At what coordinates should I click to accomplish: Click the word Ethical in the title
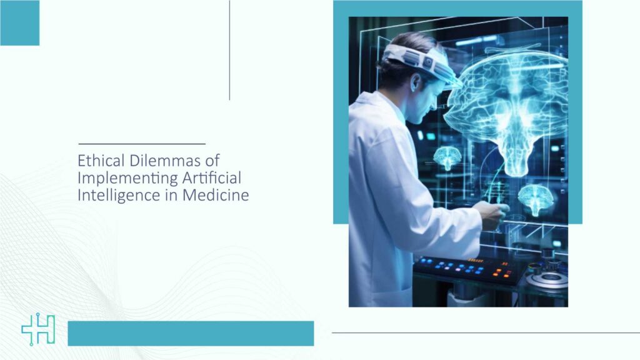101,161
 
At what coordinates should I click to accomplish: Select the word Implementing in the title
127,178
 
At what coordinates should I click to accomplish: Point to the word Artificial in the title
211,177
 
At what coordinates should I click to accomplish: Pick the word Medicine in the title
216,195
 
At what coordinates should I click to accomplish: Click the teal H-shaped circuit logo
38,329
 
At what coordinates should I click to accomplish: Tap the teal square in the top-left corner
19,23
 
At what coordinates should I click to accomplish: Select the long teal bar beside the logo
191,334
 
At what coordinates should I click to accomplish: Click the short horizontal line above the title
142,144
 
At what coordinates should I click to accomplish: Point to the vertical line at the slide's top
229,50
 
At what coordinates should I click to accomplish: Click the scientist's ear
416,82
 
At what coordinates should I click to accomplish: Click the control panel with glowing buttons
469,270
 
